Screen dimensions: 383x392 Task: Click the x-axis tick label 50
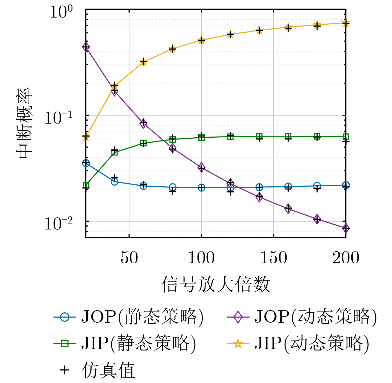click(x=129, y=258)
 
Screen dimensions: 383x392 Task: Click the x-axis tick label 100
click(x=201, y=258)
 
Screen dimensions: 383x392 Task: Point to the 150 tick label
click(x=274, y=258)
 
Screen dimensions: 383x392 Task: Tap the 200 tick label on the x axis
click(x=346, y=258)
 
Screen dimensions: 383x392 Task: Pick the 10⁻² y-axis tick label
click(x=58, y=223)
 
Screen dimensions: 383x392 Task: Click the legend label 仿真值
click(x=108, y=370)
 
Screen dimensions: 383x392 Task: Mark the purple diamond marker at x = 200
click(x=346, y=228)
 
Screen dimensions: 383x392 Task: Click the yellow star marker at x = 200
click(x=346, y=23)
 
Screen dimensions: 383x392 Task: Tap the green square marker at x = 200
click(x=346, y=137)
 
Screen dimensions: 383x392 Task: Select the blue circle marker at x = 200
click(x=346, y=185)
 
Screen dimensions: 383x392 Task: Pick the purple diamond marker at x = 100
click(x=201, y=168)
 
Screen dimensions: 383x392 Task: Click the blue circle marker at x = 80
click(x=173, y=187)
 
